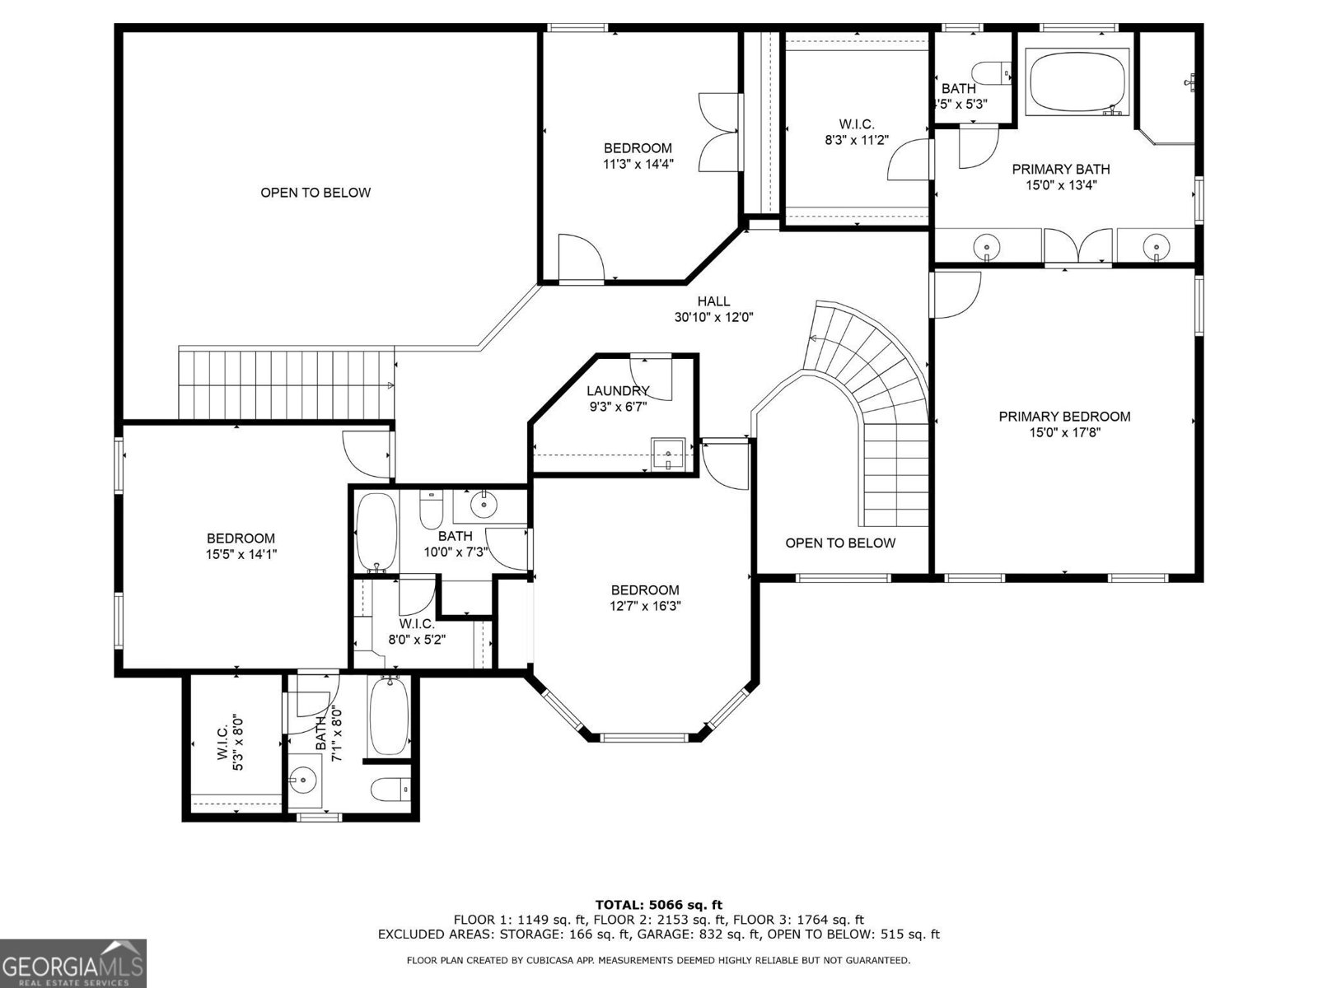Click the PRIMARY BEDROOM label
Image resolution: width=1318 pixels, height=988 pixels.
[x=1064, y=417]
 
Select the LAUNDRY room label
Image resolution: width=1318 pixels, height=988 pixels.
[x=618, y=391]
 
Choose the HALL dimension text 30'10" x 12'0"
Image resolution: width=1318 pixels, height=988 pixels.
[x=713, y=317]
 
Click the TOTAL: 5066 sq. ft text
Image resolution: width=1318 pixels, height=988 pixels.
[x=659, y=905]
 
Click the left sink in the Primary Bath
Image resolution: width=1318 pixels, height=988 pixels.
[x=986, y=246]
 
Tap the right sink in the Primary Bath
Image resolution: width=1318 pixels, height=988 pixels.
[x=1157, y=246]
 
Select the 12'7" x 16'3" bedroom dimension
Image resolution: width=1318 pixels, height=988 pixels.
[x=645, y=606]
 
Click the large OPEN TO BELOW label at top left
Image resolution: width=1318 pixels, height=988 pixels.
[x=315, y=193]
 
